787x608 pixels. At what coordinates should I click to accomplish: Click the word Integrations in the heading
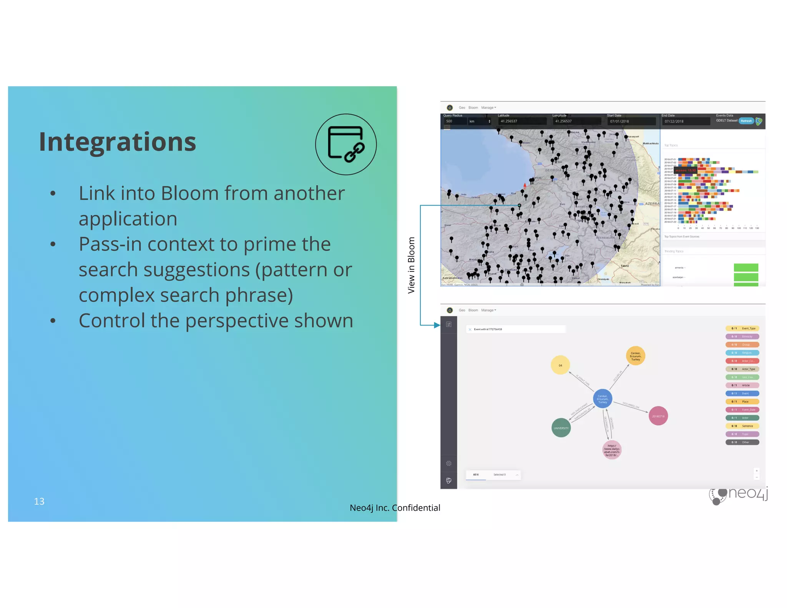(117, 142)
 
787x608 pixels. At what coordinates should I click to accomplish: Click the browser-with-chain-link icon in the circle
(346, 144)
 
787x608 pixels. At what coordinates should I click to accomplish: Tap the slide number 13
(39, 501)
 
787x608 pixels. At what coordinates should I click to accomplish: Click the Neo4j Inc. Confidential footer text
(395, 508)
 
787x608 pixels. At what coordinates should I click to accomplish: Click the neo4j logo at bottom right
(739, 495)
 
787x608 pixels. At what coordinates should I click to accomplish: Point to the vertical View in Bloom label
(411, 265)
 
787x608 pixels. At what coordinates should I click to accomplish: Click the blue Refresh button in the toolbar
(746, 121)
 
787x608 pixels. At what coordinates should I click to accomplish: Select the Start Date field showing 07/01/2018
(631, 121)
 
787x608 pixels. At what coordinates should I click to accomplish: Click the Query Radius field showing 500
(454, 121)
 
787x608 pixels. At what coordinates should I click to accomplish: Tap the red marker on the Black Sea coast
(525, 186)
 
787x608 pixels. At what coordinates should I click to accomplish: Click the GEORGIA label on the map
(553, 170)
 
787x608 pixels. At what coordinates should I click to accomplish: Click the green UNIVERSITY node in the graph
(561, 428)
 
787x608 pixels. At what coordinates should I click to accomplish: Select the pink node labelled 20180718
(658, 416)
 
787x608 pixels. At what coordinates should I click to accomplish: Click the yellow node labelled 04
(560, 365)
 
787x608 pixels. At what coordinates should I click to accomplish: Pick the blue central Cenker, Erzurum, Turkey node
(602, 399)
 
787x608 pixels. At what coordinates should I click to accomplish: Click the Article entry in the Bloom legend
(742, 385)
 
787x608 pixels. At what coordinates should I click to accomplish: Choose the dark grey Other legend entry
(742, 442)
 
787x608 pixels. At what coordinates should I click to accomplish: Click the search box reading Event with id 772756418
(516, 329)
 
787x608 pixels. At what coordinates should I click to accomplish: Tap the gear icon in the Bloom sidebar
(448, 463)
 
